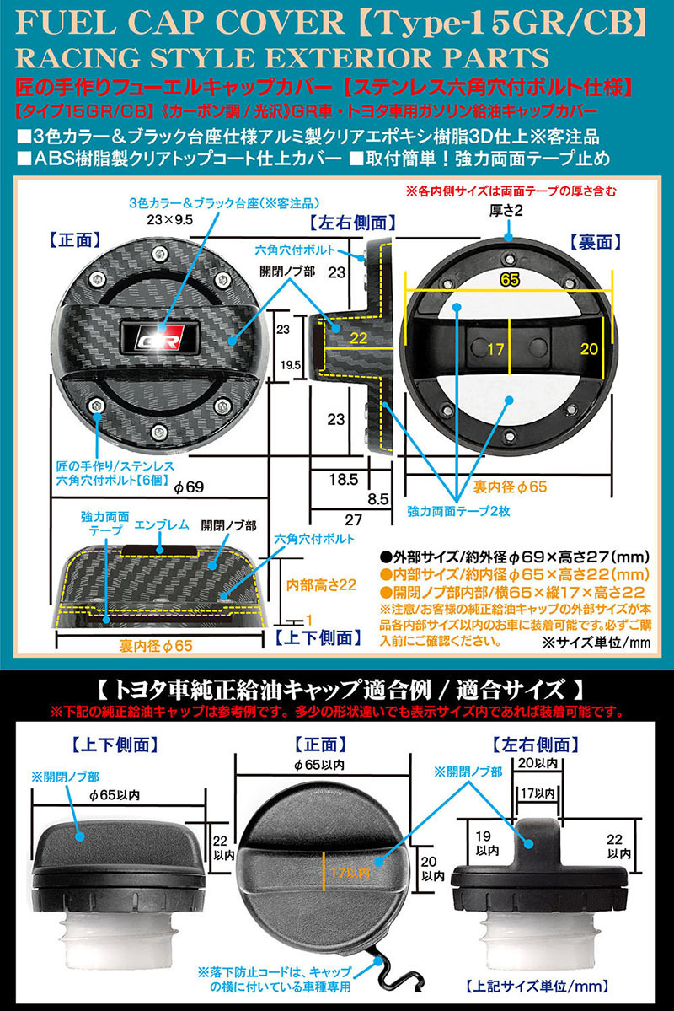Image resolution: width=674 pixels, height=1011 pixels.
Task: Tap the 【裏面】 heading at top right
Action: click(x=598, y=242)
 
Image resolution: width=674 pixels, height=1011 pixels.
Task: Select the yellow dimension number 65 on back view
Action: click(x=508, y=282)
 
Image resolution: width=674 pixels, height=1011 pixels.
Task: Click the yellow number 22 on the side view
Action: click(x=358, y=338)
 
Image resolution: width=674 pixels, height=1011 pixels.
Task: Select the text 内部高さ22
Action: click(x=318, y=582)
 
